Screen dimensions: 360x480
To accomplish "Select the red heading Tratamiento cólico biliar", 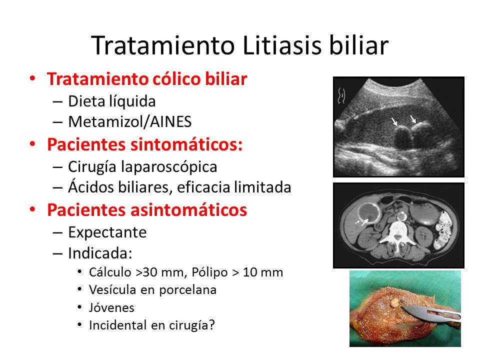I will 147,79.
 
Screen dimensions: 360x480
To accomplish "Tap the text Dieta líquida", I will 112,101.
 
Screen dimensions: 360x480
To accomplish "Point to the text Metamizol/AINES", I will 130,122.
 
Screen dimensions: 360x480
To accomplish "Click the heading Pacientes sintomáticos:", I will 145,144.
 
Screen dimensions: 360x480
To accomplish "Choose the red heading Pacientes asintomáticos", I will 147,210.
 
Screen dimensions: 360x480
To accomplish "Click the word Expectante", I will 107,232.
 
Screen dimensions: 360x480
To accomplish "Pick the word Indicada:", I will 100,253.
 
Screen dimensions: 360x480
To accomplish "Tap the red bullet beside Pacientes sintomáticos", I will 32,144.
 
